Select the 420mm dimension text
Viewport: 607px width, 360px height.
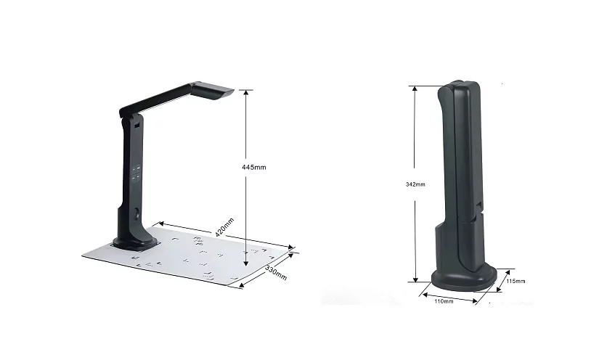point(226,231)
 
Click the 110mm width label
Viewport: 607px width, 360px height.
point(444,300)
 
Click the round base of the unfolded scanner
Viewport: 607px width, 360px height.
point(135,236)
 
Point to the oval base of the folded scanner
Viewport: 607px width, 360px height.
point(464,277)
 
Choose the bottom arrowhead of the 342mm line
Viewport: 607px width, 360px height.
point(416,280)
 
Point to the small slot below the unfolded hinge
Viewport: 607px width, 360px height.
point(137,127)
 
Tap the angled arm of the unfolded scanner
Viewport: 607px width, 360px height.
point(163,100)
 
